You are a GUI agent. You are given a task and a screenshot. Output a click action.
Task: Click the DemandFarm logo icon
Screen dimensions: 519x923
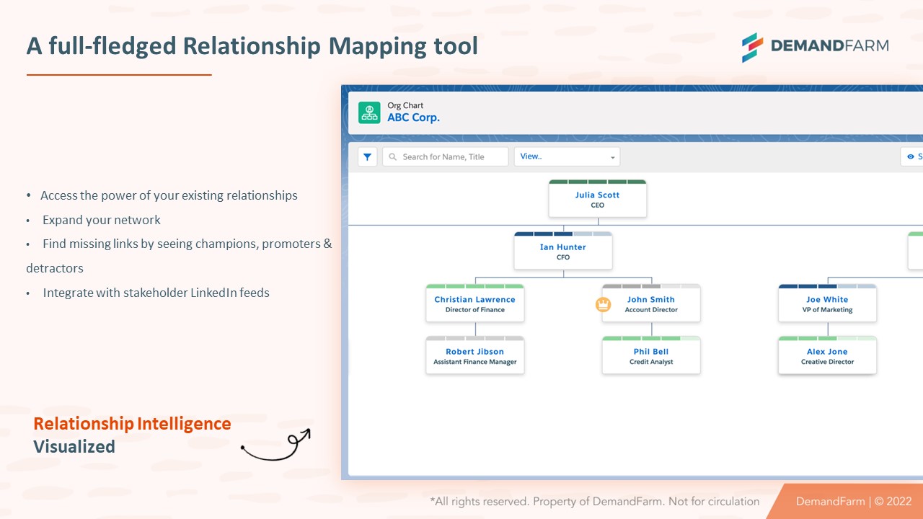coord(752,47)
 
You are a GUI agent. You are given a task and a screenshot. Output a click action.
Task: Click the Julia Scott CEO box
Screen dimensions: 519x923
coord(597,200)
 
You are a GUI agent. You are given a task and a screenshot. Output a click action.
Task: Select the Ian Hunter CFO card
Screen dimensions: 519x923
coord(562,252)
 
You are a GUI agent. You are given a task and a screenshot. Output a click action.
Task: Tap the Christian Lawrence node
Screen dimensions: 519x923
coord(474,304)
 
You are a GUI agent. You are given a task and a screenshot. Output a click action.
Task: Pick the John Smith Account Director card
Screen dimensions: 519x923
coord(650,304)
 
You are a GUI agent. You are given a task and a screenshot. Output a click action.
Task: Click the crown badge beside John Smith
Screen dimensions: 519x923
coord(603,304)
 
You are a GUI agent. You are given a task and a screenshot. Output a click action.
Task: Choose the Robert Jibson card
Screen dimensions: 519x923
coord(474,356)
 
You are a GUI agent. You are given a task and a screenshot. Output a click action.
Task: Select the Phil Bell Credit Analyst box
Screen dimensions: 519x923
coord(650,356)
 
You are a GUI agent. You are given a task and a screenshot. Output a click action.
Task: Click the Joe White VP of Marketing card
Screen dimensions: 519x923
coord(827,304)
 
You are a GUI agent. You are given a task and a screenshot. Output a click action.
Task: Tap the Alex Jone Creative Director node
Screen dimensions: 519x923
coord(827,356)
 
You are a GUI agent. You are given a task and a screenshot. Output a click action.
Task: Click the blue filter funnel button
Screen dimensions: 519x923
coord(368,156)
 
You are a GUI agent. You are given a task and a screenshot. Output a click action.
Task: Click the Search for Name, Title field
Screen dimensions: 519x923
coord(445,156)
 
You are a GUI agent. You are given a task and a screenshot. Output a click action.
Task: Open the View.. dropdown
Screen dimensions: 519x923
coord(567,156)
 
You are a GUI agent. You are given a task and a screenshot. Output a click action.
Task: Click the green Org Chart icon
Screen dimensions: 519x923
coord(369,112)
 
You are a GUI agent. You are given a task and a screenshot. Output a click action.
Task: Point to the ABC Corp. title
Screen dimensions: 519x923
coord(413,117)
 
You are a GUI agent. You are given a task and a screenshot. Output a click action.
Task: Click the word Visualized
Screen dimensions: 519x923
coord(74,447)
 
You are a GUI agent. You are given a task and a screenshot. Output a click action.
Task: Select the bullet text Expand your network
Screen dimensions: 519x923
coord(102,220)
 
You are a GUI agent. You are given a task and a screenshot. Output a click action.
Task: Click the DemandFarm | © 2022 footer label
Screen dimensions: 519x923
coord(854,501)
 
